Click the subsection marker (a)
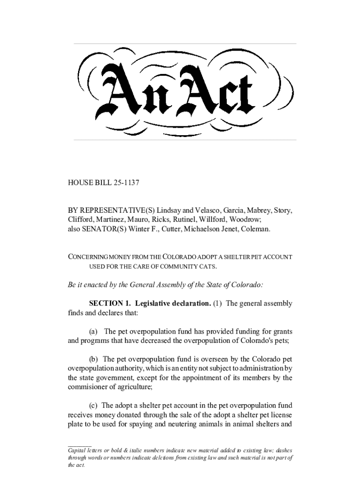pyautogui.click(x=94, y=331)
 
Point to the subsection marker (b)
pyautogui.click(x=94, y=359)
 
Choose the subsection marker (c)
pyautogui.click(x=94, y=406)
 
